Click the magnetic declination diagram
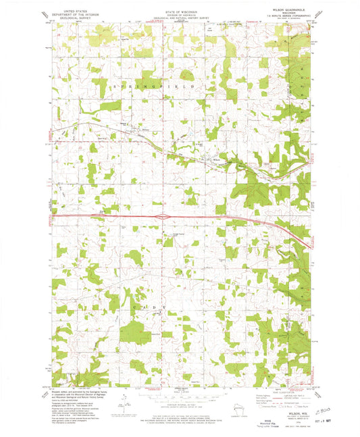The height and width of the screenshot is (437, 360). [122, 404]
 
